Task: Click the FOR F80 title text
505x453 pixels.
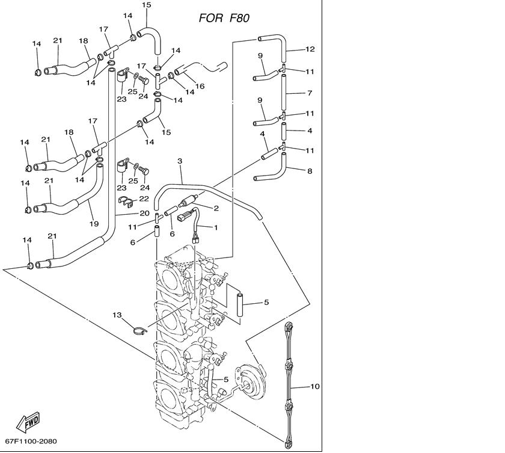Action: tap(224, 18)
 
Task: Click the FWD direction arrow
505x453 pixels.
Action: tap(28, 422)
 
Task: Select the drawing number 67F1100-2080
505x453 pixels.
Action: tap(31, 441)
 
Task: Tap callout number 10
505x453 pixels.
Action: tap(314, 386)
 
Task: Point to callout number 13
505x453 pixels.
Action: tap(117, 315)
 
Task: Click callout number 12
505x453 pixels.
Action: tap(310, 49)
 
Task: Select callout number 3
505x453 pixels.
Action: tap(180, 161)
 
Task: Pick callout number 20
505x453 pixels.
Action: tap(145, 213)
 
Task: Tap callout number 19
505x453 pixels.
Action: tap(94, 224)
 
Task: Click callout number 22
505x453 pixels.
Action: tap(144, 199)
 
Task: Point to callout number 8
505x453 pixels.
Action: tap(310, 171)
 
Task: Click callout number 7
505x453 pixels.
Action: tap(310, 93)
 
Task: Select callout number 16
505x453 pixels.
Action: tap(200, 86)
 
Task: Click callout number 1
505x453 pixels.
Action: tap(216, 227)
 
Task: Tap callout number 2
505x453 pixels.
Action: tap(216, 208)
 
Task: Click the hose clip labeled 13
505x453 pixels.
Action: tap(140, 331)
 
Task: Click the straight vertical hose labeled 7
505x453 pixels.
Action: tap(284, 93)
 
